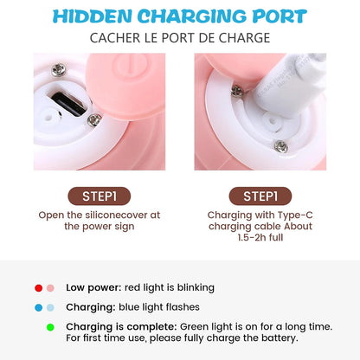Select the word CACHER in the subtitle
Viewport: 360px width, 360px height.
[115, 38]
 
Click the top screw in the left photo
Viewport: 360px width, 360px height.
[59, 68]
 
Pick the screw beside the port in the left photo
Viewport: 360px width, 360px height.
[93, 119]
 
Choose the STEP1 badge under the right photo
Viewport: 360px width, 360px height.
[260, 196]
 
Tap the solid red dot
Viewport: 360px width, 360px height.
[39, 287]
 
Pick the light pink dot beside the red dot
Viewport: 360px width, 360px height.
[51, 287]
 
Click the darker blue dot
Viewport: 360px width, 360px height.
[39, 307]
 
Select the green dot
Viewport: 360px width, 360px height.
[51, 327]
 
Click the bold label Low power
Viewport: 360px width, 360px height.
[90, 287]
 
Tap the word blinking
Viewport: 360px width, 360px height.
[194, 287]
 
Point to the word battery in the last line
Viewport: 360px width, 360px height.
[278, 337]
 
